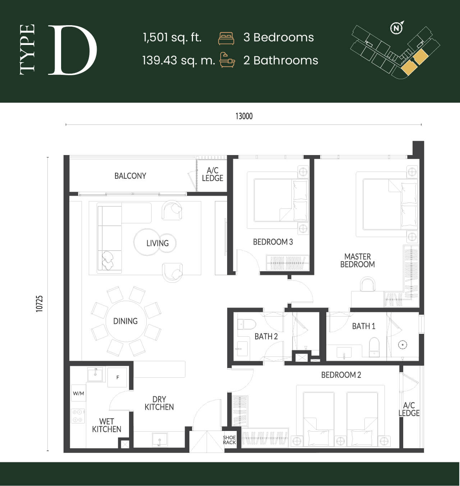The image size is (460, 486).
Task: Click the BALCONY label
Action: [130, 176]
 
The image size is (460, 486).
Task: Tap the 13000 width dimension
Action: [244, 116]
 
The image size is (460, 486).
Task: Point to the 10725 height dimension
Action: [39, 304]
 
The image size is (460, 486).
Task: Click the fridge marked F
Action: [118, 377]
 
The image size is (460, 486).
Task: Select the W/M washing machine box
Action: [79, 393]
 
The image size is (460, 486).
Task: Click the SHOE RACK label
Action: [229, 440]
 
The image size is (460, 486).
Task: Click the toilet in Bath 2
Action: [247, 324]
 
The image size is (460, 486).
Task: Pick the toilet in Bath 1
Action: [374, 347]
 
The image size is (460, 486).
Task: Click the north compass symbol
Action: [396, 28]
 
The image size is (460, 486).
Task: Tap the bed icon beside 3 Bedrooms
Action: [226, 38]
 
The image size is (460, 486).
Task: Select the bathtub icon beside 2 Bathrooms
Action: [227, 60]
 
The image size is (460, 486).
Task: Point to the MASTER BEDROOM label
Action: [358, 260]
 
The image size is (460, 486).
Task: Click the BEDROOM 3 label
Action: [273, 242]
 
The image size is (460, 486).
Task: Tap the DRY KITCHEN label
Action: [159, 403]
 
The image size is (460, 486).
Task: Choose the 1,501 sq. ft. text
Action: [172, 37]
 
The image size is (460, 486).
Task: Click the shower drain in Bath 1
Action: [402, 345]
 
